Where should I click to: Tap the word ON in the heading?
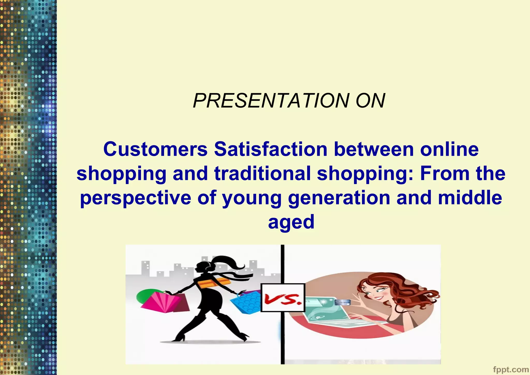[370, 101]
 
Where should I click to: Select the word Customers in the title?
[155, 150]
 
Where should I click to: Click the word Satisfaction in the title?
[271, 150]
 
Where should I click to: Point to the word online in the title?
[449, 150]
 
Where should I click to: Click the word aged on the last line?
[291, 222]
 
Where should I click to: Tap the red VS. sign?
[283, 298]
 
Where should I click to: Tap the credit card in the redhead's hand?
[342, 302]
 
